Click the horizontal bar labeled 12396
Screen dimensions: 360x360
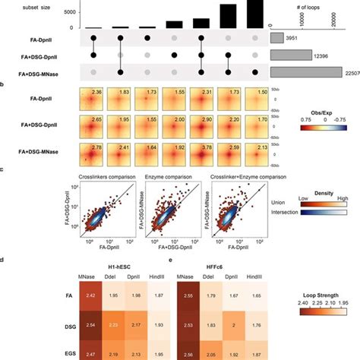[291, 55]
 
